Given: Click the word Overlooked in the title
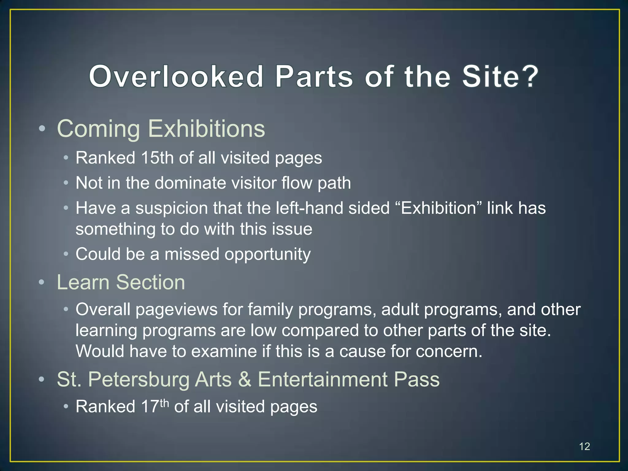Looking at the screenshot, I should coord(176,77).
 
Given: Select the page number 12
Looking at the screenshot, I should coord(584,446).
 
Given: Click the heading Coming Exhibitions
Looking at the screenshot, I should coord(161,129).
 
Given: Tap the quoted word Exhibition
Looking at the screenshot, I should coord(439,208).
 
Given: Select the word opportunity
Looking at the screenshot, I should coord(267,255).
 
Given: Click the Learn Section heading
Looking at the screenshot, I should coord(121,282).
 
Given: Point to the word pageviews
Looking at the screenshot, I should coord(177,310).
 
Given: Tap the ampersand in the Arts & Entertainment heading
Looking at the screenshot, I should coord(244,380).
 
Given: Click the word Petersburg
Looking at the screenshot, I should coord(139,380).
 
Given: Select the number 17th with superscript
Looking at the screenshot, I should coord(155,406).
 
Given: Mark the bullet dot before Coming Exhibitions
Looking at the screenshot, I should coord(42,129).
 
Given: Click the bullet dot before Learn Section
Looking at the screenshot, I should coord(42,282).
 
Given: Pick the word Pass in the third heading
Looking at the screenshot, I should coord(417,380).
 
